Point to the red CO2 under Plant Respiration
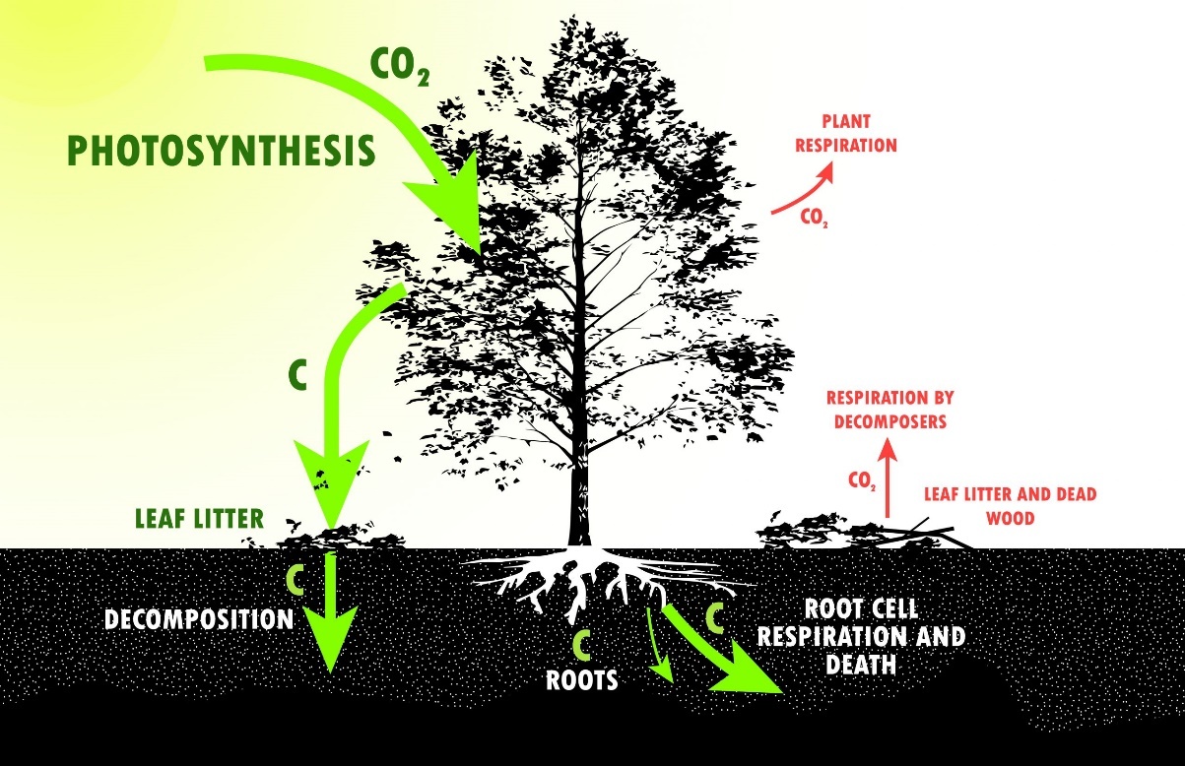coord(814,219)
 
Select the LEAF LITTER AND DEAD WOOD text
coord(1009,504)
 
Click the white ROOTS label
coord(581,678)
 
